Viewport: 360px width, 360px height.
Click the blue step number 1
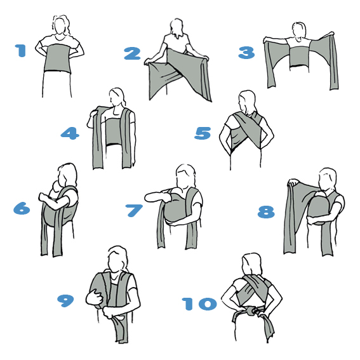point(21,51)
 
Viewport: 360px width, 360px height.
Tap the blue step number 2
point(132,53)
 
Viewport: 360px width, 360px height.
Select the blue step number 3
point(246,53)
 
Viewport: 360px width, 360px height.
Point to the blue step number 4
point(70,133)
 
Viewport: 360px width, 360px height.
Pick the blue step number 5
point(203,133)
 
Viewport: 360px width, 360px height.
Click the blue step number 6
point(22,208)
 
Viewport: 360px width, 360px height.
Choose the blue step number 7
point(133,211)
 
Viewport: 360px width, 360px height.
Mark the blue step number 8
point(266,211)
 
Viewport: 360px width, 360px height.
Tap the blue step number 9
point(65,301)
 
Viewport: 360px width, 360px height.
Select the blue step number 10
point(199,303)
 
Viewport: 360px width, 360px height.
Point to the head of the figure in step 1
point(60,25)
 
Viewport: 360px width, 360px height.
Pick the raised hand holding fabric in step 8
point(293,182)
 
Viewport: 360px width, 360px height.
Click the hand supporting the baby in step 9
point(95,297)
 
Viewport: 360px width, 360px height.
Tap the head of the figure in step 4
point(117,98)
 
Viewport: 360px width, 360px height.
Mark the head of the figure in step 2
point(177,27)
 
